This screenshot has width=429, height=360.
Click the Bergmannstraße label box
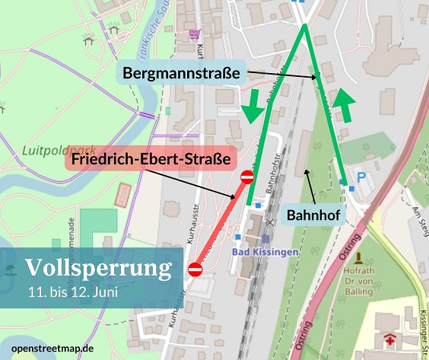[181, 74]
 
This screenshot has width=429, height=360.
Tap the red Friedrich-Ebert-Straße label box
[151, 161]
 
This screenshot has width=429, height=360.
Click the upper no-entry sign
[247, 178]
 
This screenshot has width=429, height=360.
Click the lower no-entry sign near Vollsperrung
[195, 269]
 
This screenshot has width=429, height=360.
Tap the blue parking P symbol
[362, 177]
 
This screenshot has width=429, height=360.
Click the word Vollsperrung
[98, 269]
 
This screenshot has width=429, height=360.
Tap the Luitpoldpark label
[47, 150]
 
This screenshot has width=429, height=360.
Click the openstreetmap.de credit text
[48, 349]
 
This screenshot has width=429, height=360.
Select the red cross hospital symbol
[391, 340]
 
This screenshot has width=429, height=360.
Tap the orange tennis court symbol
[122, 196]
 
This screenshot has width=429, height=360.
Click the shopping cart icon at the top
[195, 34]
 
